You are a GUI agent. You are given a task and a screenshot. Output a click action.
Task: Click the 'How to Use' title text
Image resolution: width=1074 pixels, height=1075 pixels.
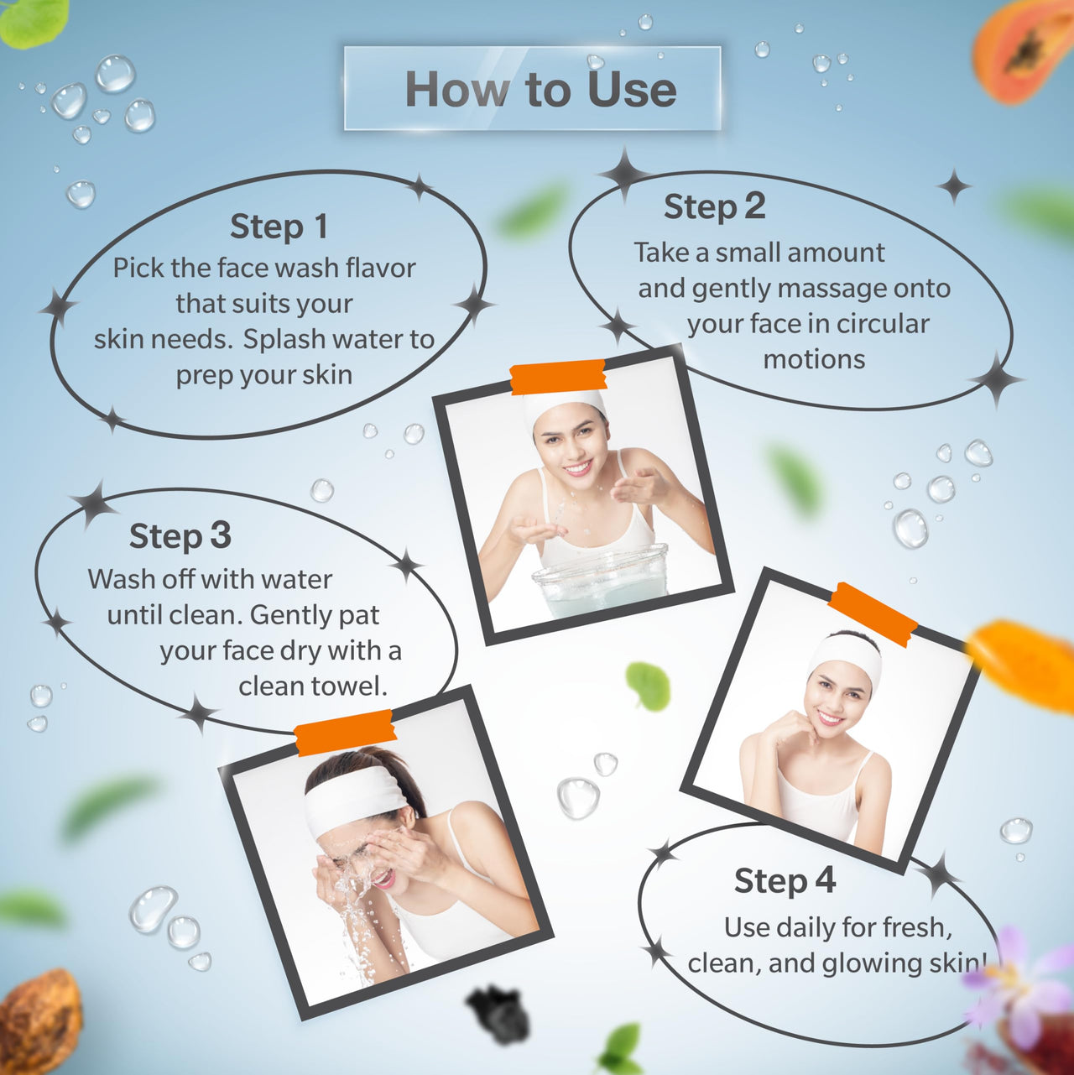540,89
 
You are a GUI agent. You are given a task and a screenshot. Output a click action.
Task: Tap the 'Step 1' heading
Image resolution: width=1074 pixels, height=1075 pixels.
279,227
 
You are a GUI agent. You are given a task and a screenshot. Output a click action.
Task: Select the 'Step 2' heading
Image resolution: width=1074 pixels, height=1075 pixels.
714,207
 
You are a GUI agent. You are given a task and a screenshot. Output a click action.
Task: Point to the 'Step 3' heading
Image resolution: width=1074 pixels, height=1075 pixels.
180,536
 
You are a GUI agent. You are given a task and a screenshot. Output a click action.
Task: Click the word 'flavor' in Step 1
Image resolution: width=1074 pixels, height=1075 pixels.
380,268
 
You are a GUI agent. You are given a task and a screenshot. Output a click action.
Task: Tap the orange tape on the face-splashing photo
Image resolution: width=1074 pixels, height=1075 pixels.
345,733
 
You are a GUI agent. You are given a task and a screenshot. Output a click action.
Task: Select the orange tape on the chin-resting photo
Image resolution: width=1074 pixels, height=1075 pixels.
872,614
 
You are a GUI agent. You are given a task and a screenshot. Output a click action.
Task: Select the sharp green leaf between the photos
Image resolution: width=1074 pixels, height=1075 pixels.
648,686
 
